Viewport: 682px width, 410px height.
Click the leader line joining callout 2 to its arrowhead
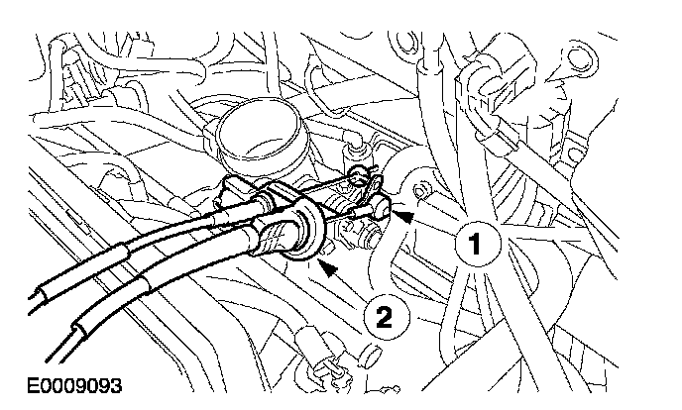353,287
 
